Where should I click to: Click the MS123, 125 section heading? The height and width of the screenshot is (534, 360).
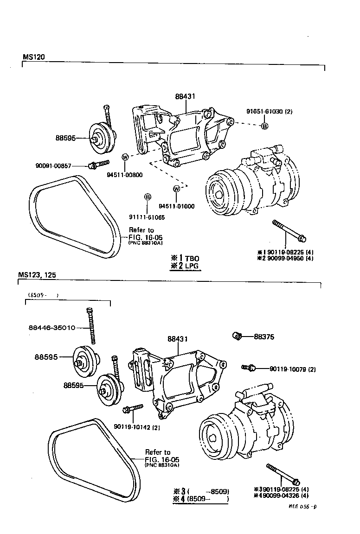(x=37, y=274)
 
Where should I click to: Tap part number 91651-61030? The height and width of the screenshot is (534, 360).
(x=266, y=111)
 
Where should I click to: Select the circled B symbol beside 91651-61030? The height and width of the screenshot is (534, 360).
(x=264, y=126)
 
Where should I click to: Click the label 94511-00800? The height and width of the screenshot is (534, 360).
(x=124, y=175)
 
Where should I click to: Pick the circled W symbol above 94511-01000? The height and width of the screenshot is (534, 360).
(x=176, y=189)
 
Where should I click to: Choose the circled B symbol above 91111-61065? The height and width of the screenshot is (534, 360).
(x=148, y=197)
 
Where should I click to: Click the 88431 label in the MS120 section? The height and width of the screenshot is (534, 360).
(x=185, y=96)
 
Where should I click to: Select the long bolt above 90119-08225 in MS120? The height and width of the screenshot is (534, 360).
(x=288, y=230)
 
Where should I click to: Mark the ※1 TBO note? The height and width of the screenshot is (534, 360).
(x=184, y=258)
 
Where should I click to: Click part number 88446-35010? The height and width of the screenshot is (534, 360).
(x=51, y=327)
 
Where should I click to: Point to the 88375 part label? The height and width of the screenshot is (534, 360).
(x=264, y=337)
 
